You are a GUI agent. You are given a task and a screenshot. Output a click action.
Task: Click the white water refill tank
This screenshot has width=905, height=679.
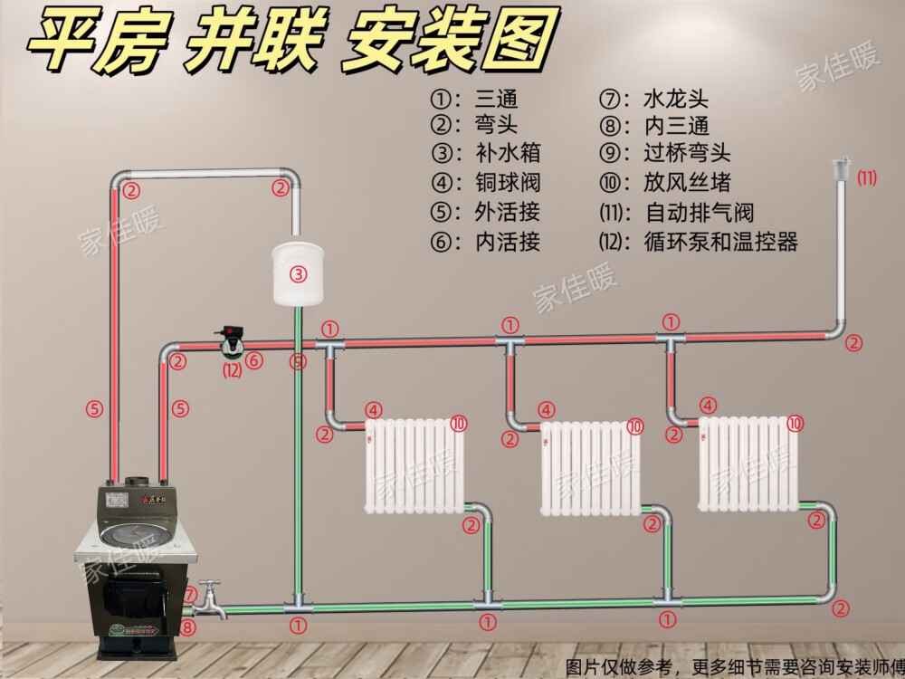[299, 272]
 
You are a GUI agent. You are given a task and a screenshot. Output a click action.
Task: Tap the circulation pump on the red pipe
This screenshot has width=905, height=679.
[229, 341]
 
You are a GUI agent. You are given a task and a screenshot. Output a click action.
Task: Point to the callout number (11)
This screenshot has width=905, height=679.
[867, 178]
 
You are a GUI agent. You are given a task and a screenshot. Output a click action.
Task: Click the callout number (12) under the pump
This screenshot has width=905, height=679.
[233, 368]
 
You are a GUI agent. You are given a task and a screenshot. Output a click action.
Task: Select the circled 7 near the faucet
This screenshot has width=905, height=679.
[191, 594]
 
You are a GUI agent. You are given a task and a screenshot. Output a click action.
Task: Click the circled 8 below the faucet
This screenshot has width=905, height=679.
[187, 626]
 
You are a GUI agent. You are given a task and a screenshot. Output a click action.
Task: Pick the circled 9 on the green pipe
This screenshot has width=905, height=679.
[300, 362]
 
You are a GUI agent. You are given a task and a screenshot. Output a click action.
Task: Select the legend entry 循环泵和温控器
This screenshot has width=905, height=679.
[721, 243]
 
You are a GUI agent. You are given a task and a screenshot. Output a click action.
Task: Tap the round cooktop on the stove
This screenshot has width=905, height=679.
[135, 535]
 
